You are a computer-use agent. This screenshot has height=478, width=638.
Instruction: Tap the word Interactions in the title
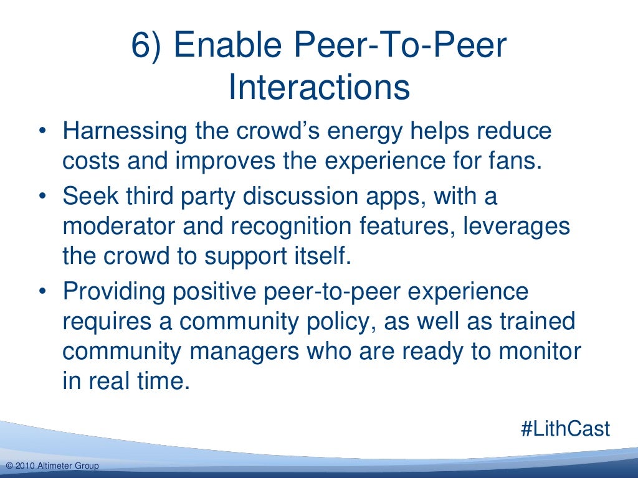pos(319,88)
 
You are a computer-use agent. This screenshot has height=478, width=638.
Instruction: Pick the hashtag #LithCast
pos(564,429)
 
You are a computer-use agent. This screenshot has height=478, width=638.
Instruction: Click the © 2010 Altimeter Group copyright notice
pos(52,466)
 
